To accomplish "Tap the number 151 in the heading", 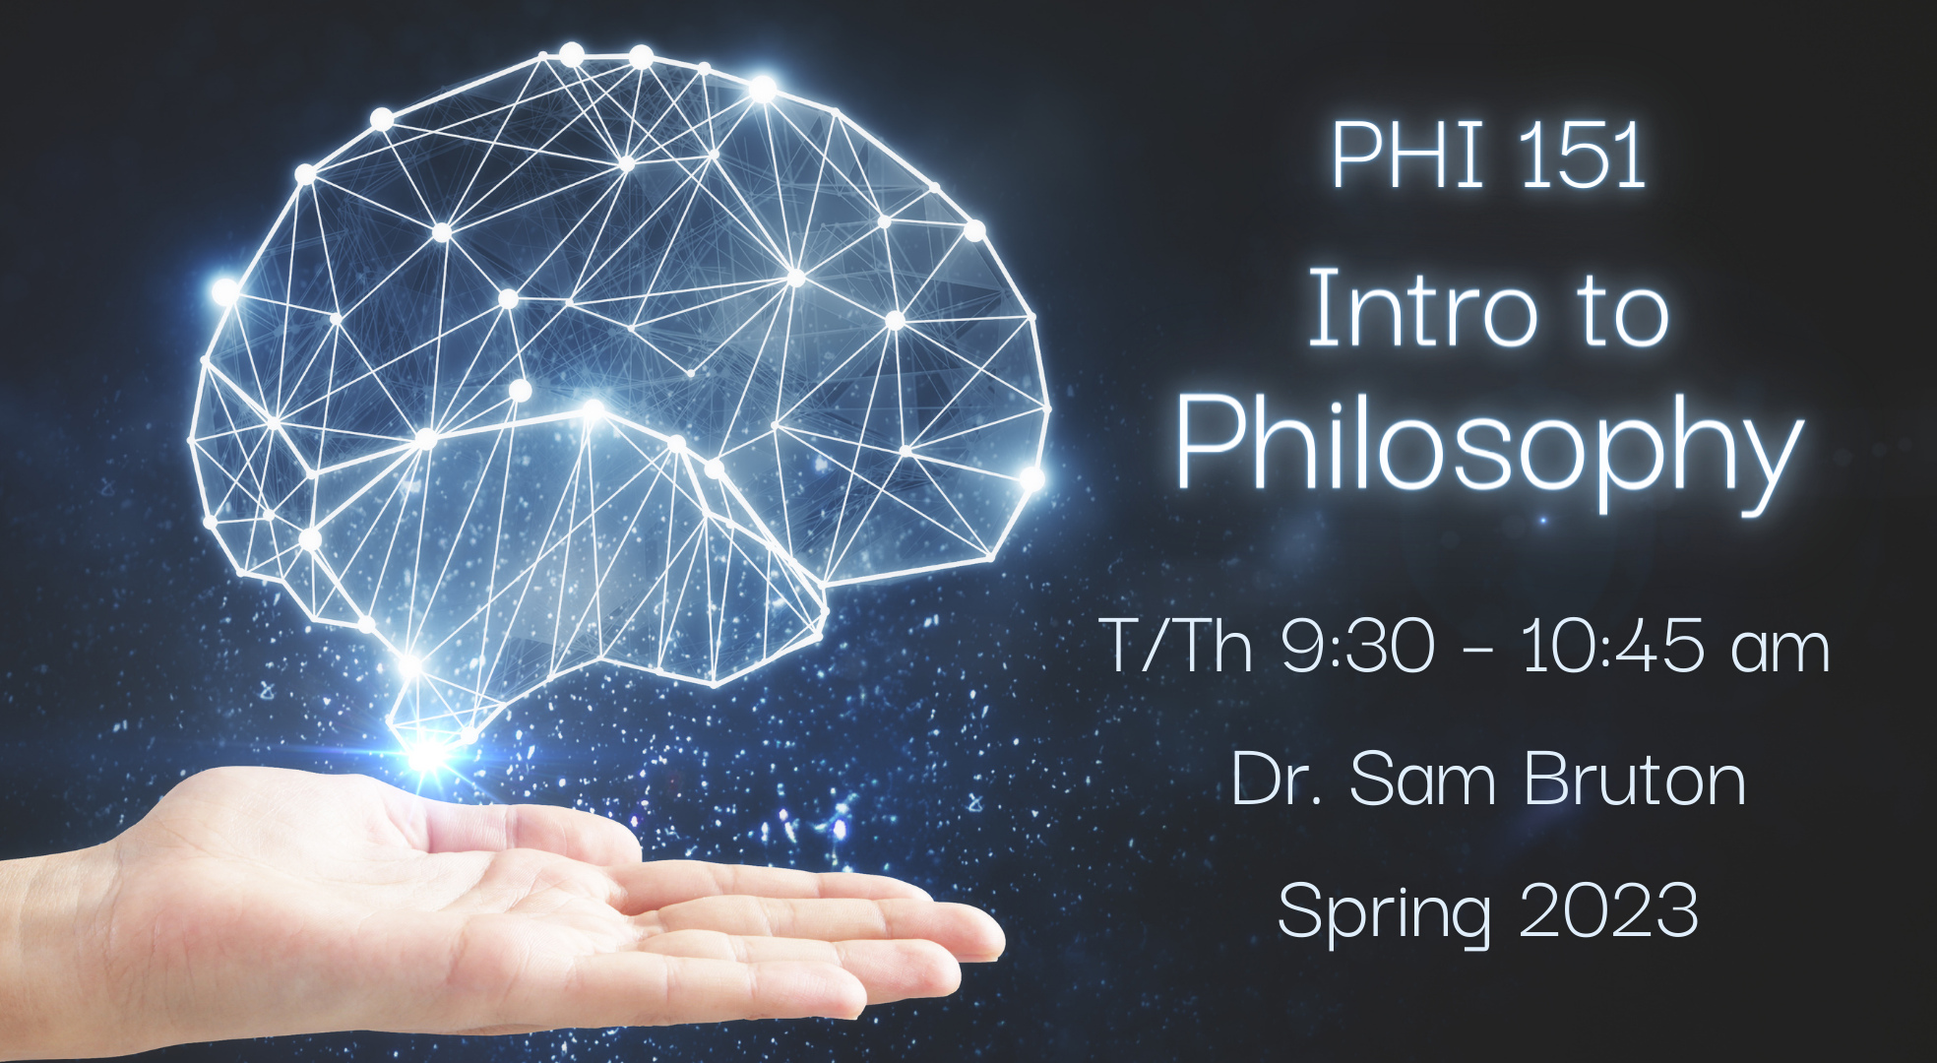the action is [x=1583, y=155].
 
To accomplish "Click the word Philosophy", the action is [x=1489, y=449].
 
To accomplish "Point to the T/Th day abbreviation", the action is [x=1176, y=647].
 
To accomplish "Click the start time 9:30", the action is [x=1358, y=647].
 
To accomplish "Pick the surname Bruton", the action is [x=1635, y=779].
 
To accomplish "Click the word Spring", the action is [x=1383, y=914].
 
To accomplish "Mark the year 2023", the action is [x=1609, y=909].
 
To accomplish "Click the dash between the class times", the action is [x=1478, y=653].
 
